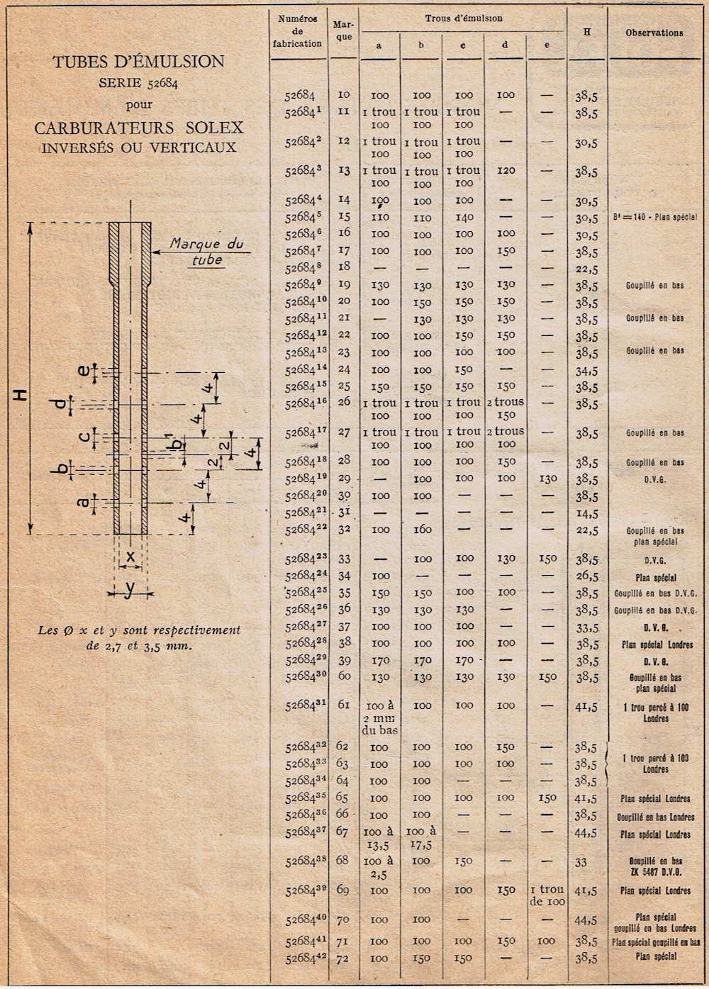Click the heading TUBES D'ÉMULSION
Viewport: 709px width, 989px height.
point(138,62)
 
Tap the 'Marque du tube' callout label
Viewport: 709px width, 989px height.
point(206,252)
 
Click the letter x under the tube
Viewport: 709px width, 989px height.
point(130,557)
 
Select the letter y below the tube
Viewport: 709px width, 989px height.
point(129,591)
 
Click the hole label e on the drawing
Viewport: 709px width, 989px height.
point(84,371)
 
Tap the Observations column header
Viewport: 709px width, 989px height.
point(654,33)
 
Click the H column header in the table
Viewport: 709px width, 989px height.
point(587,32)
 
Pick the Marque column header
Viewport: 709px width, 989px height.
point(343,30)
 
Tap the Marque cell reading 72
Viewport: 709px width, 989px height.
point(343,958)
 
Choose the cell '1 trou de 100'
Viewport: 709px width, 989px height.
point(547,895)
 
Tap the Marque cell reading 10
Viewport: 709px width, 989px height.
point(344,94)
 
